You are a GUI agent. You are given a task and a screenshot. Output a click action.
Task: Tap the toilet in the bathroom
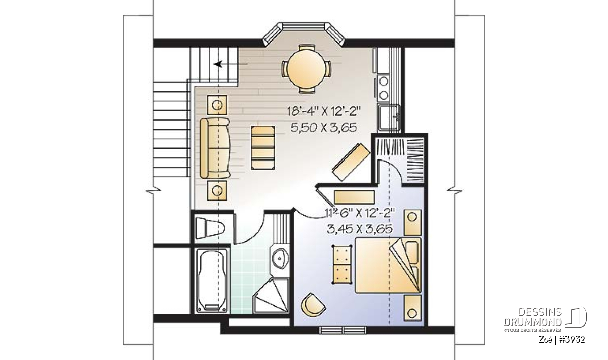coord(210,228)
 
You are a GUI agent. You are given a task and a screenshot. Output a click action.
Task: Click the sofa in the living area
coord(215,148)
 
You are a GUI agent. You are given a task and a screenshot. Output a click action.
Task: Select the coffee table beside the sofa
coord(263,147)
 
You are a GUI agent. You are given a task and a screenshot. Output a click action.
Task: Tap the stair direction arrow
coord(230,64)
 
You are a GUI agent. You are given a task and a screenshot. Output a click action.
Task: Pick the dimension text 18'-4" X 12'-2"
coord(324,111)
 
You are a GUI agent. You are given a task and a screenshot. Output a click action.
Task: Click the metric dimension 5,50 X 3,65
coord(324,127)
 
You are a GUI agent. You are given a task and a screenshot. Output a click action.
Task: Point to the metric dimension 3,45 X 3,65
coord(360,229)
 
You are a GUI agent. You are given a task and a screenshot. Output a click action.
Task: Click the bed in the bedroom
coord(388,265)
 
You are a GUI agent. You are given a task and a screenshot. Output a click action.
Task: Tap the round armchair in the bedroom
coord(313,305)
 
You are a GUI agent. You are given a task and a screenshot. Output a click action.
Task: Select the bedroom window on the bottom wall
coord(343,330)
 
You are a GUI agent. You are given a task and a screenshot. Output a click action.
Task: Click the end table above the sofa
coord(217,105)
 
